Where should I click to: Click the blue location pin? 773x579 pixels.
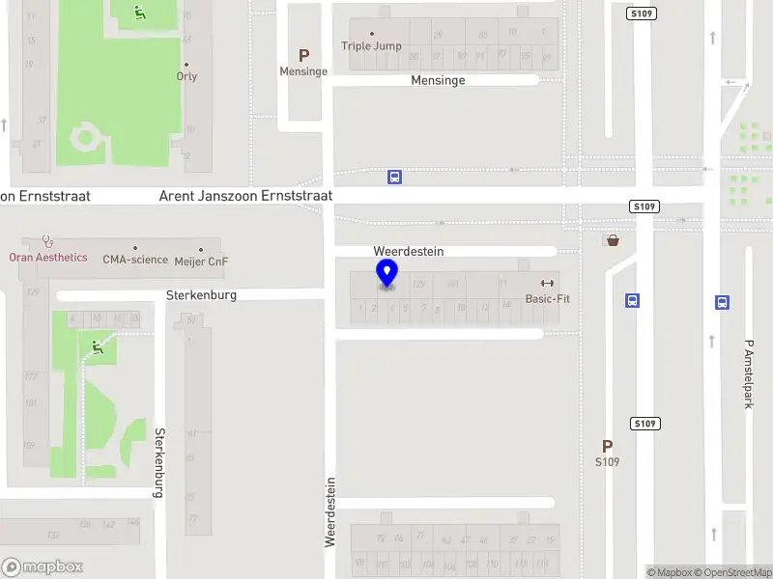[x=387, y=273]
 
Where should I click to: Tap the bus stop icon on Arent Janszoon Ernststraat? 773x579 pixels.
[x=394, y=177]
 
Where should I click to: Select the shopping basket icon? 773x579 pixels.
[x=612, y=239]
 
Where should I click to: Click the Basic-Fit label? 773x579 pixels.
[x=547, y=298]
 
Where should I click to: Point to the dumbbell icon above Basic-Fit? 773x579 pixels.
[x=547, y=283]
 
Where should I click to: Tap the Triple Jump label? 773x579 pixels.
[x=371, y=45]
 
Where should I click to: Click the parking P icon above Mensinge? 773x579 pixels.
[x=303, y=56]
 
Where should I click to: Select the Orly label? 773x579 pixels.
[x=186, y=76]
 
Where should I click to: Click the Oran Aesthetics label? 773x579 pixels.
[x=48, y=258]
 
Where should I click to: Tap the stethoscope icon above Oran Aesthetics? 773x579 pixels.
[x=46, y=241]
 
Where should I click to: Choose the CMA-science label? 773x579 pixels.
[x=135, y=260]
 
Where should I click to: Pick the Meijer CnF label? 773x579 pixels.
[x=201, y=261]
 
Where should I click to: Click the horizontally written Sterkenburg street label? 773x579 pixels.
[x=201, y=295]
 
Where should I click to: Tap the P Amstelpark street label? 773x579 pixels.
[x=748, y=373]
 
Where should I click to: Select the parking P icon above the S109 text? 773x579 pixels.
[x=607, y=446]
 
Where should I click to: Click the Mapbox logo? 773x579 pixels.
[x=43, y=566]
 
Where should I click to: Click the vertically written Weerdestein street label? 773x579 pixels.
[x=329, y=511]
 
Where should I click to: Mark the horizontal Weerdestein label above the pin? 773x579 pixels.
[x=408, y=251]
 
